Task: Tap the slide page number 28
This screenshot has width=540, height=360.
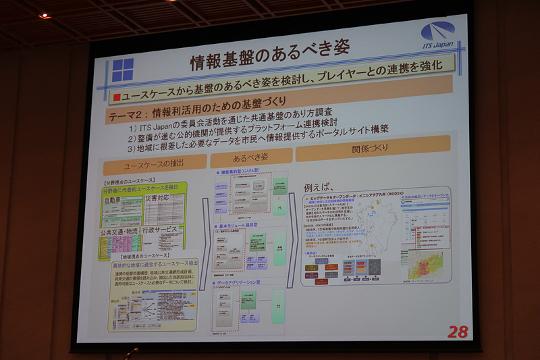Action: (457, 331)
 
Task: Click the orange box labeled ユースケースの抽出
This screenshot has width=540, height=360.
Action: (155, 164)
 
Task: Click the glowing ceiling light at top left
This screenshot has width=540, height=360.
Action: (45, 15)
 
